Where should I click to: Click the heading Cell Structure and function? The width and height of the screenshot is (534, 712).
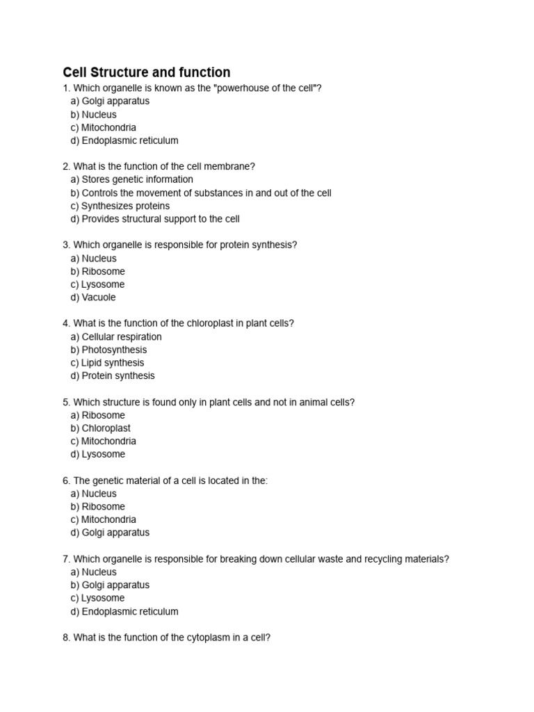click(146, 72)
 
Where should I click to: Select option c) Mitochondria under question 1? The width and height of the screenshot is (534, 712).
click(103, 127)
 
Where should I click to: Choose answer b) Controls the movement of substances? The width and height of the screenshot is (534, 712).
click(200, 193)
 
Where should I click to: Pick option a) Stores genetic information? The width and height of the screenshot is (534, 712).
click(131, 179)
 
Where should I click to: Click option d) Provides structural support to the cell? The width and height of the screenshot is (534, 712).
click(154, 219)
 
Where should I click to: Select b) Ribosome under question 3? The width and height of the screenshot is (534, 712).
click(97, 271)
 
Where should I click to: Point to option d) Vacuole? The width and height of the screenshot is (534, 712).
click(92, 298)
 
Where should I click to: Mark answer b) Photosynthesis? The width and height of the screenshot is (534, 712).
click(108, 350)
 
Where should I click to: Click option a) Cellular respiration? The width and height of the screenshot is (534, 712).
click(115, 337)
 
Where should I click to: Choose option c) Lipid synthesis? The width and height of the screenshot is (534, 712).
click(107, 363)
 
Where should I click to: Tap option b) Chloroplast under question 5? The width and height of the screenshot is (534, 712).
click(100, 428)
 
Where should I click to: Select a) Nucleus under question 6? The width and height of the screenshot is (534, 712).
click(93, 494)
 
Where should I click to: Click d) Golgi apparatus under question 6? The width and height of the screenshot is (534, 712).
click(109, 533)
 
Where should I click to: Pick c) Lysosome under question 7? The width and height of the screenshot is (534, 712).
click(97, 598)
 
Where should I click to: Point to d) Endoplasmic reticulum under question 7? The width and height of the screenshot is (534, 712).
click(124, 611)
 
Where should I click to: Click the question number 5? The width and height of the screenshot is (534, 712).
click(66, 403)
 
